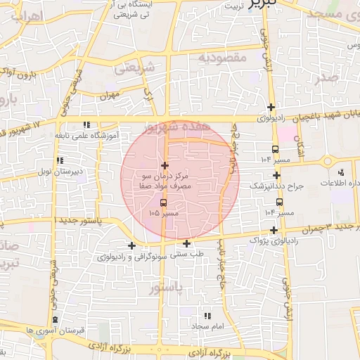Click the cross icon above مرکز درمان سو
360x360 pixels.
click(x=164, y=165)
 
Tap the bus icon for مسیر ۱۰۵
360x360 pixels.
click(x=164, y=203)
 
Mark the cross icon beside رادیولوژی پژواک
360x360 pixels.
click(x=274, y=230)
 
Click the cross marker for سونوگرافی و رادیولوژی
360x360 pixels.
click(x=132, y=245)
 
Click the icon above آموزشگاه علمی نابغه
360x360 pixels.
click(x=86, y=124)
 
